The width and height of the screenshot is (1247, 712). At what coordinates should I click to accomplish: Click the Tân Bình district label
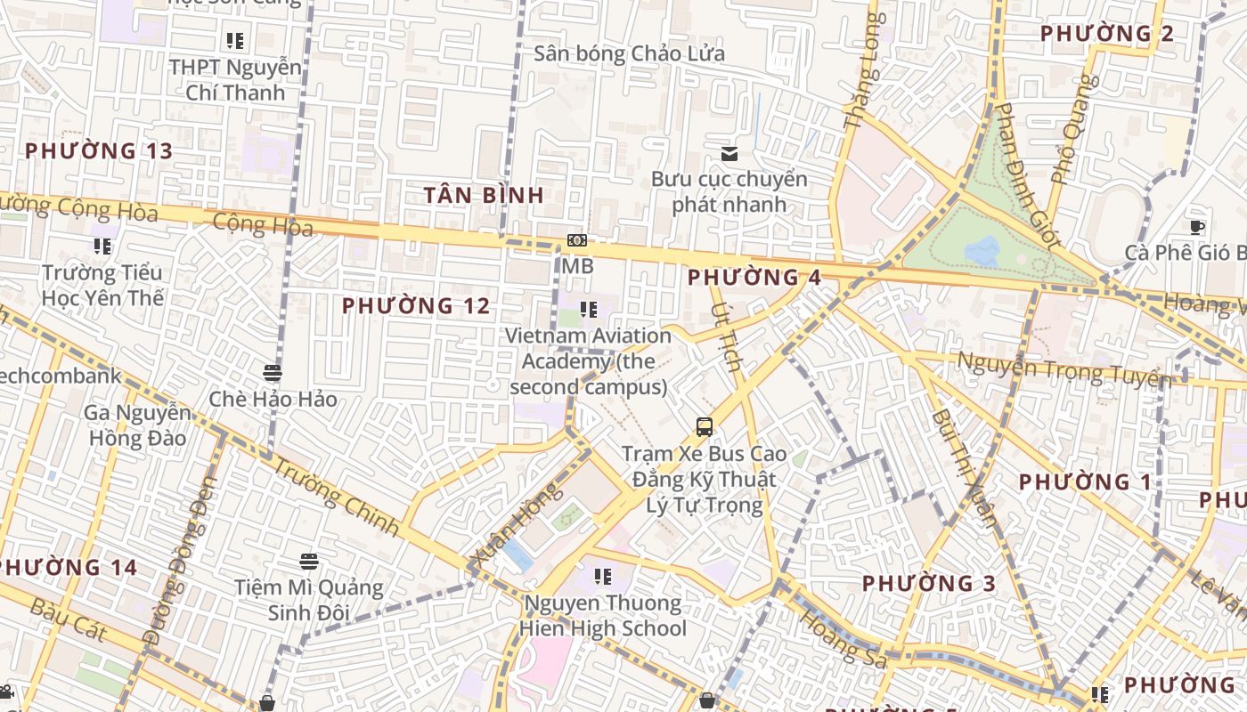tap(484, 195)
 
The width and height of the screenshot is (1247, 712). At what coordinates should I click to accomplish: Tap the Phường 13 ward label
tap(98, 150)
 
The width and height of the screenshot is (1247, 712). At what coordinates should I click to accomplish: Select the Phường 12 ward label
tap(416, 306)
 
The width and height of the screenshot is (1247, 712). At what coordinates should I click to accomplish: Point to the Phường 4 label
tap(754, 278)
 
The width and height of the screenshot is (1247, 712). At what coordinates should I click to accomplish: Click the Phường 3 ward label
tap(928, 584)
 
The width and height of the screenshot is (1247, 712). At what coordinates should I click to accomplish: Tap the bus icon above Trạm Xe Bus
tap(705, 427)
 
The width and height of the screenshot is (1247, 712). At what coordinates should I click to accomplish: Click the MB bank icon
tap(577, 241)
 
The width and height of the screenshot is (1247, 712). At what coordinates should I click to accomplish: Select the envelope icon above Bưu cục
tap(729, 153)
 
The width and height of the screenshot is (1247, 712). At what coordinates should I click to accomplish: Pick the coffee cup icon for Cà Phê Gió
tap(1197, 227)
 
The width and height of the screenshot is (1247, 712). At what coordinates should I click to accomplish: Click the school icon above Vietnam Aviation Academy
tap(588, 310)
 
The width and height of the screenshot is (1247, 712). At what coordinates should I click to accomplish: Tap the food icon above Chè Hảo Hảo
tap(273, 372)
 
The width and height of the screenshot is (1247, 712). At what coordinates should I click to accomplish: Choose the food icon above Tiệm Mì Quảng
tap(309, 562)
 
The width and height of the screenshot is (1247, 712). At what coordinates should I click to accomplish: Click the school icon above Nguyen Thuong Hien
tap(604, 577)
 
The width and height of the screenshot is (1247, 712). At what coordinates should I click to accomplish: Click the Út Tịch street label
tap(728, 336)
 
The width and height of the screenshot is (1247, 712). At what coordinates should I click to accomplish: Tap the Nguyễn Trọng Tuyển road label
tap(1064, 368)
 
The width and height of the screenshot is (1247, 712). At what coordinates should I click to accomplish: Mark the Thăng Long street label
tap(865, 71)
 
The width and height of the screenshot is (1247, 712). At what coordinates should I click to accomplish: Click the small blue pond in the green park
tap(982, 251)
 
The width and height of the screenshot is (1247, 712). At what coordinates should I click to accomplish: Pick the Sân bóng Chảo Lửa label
tap(629, 53)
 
